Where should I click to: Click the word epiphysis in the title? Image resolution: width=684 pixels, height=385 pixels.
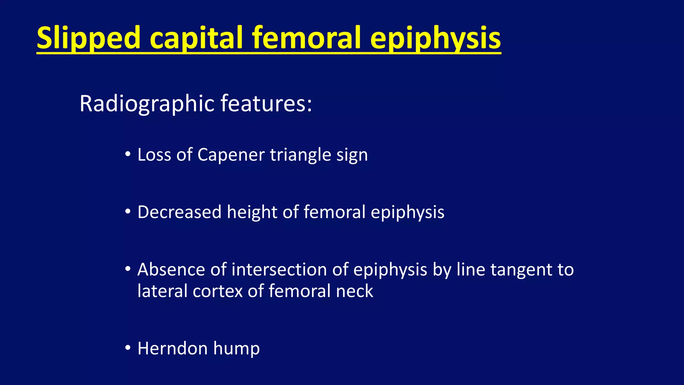click(x=435, y=39)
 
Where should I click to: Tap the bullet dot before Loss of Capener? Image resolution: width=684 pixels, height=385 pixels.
click(x=128, y=155)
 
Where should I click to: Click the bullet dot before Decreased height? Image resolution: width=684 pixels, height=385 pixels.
click(x=128, y=212)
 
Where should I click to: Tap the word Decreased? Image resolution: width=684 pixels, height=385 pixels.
click(x=179, y=212)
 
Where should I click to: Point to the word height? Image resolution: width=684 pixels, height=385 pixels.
click(x=252, y=213)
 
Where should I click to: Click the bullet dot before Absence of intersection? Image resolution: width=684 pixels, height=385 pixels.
click(x=128, y=269)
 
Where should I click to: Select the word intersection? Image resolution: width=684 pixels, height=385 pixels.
click(x=279, y=270)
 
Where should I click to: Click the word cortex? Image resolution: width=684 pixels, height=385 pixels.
click(x=217, y=291)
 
